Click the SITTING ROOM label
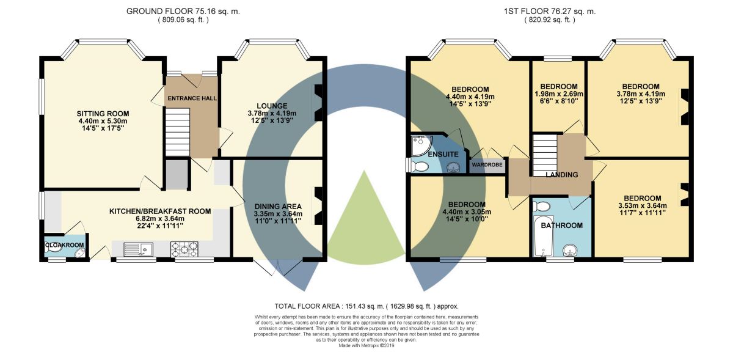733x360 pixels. [103, 114]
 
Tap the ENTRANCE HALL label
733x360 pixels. [192, 98]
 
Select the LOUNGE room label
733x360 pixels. [272, 106]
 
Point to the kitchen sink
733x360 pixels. [139, 249]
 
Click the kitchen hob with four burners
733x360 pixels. [184, 249]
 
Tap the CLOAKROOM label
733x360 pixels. [65, 245]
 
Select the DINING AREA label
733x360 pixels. [278, 207]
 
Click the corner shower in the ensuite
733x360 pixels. [421, 145]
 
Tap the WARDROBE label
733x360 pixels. [487, 165]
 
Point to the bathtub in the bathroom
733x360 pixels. [543, 236]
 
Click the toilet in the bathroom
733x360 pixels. [542, 207]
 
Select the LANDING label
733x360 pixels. [562, 175]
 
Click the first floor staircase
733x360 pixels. [545, 155]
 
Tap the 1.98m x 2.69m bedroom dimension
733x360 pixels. [559, 94]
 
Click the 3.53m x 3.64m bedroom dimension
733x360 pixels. [643, 206]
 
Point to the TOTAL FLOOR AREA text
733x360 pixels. [366, 306]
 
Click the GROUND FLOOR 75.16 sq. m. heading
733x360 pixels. [183, 12]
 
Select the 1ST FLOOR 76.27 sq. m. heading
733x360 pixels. [550, 12]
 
